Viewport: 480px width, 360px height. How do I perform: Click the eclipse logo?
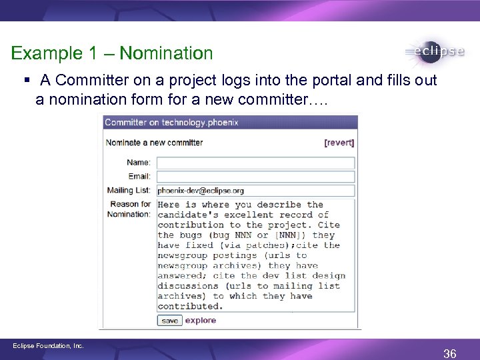[x=434, y=53]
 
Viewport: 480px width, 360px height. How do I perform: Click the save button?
[x=169, y=321]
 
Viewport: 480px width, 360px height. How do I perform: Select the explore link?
[x=201, y=321]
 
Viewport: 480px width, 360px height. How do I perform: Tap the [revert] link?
[x=339, y=143]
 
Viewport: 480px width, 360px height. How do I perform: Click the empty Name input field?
[x=255, y=163]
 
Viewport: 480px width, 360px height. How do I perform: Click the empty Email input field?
[x=255, y=177]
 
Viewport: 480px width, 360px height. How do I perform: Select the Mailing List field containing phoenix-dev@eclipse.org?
[x=255, y=191]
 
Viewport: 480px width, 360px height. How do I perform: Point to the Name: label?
[x=139, y=163]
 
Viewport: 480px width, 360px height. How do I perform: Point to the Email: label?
[x=139, y=177]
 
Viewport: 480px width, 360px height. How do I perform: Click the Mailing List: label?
[x=129, y=191]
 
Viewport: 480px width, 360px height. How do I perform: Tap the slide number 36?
[x=450, y=354]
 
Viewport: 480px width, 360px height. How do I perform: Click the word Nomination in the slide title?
[x=167, y=53]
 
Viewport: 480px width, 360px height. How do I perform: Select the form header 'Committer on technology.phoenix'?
[x=171, y=123]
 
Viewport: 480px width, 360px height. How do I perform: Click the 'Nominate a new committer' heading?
[x=154, y=143]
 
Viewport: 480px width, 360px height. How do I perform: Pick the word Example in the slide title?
[x=45, y=53]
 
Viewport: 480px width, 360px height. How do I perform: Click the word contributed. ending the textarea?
[x=190, y=307]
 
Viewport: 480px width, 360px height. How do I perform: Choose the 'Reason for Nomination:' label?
[x=131, y=209]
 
